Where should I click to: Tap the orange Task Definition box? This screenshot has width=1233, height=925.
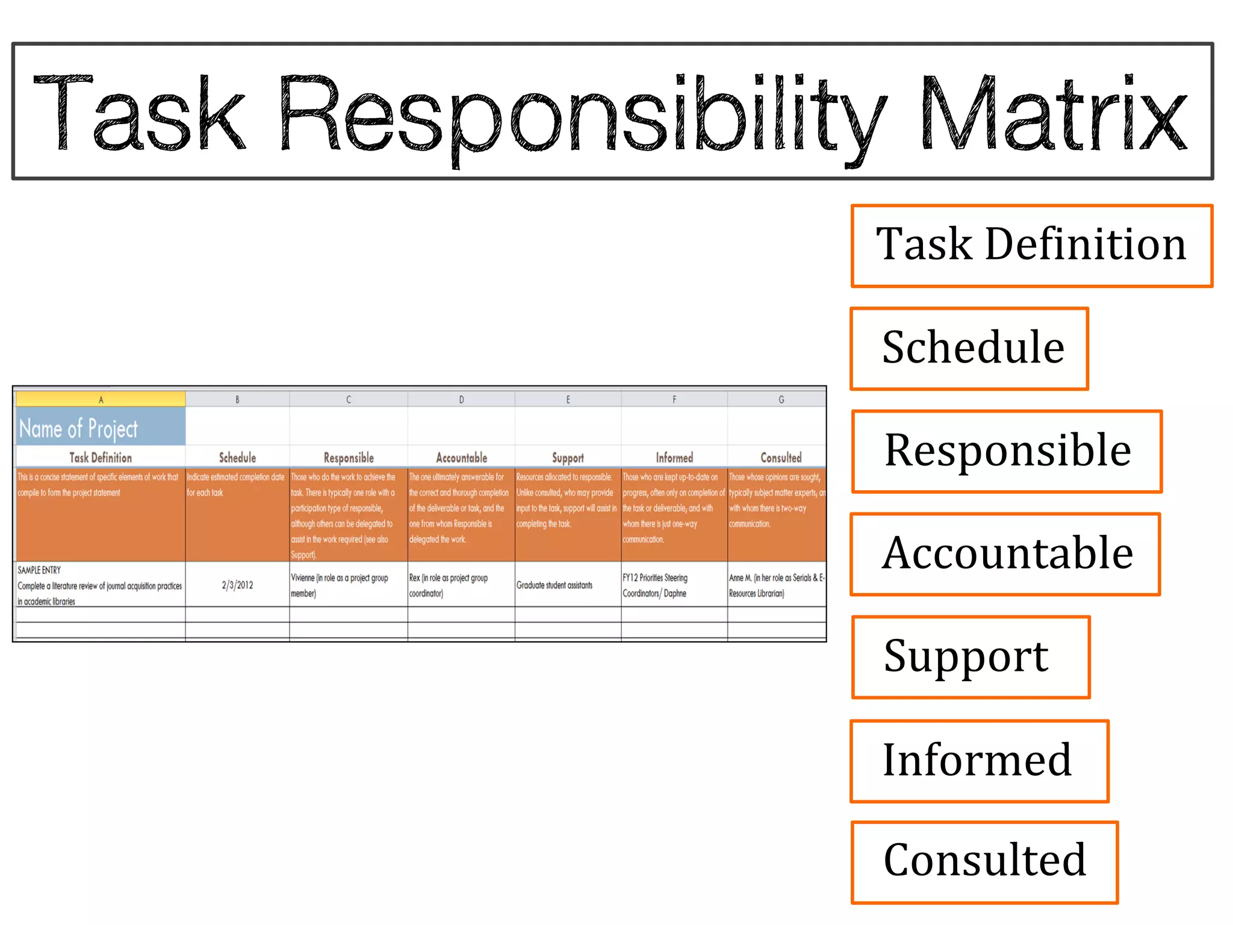coord(1031,246)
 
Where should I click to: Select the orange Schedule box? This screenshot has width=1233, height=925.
coord(969,349)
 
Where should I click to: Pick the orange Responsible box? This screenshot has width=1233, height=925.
coord(1007,452)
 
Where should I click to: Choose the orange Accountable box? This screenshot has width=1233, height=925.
coord(1005,554)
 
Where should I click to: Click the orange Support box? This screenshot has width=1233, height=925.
coord(971,657)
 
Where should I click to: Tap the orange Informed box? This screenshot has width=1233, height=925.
coord(979,761)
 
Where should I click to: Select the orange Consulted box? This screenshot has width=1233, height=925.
coord(984,862)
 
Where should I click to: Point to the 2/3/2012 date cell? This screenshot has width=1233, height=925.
coord(237,585)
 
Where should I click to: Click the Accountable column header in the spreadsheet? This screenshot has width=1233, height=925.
coord(461,458)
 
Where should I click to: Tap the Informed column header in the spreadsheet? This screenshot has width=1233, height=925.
coord(674,458)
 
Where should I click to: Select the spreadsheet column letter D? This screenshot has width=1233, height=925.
coord(461,399)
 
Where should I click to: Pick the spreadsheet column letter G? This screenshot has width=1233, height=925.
coord(781,399)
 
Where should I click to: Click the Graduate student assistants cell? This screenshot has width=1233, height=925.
coord(554,585)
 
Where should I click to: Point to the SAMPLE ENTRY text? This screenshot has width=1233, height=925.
coord(39,570)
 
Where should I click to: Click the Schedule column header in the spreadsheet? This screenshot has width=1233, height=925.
coord(237,458)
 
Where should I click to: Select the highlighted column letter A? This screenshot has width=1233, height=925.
coord(101,399)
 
